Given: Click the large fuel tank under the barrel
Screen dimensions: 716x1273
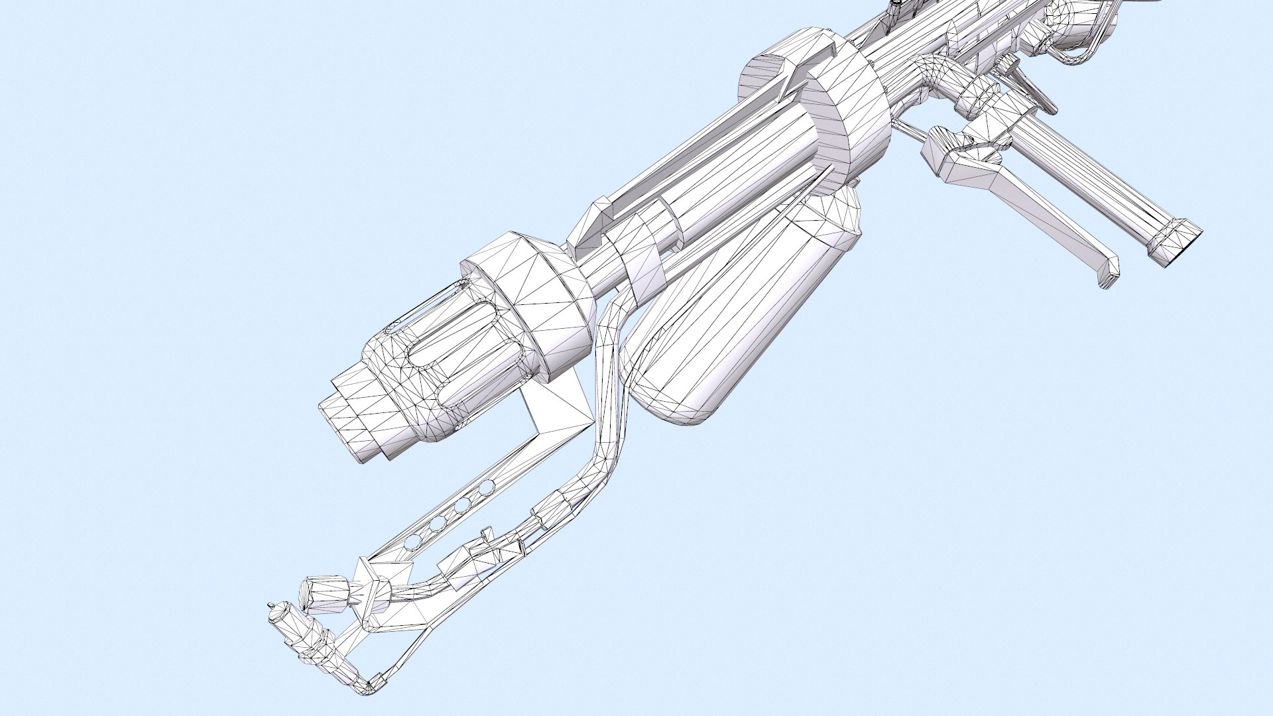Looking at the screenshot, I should [716, 312].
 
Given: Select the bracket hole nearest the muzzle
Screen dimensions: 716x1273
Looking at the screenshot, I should [486, 489].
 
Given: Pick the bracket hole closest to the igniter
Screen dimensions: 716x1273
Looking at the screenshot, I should [412, 541].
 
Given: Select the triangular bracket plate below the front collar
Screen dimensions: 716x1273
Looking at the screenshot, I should [557, 404].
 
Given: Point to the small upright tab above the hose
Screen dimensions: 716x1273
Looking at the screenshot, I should [487, 534].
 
